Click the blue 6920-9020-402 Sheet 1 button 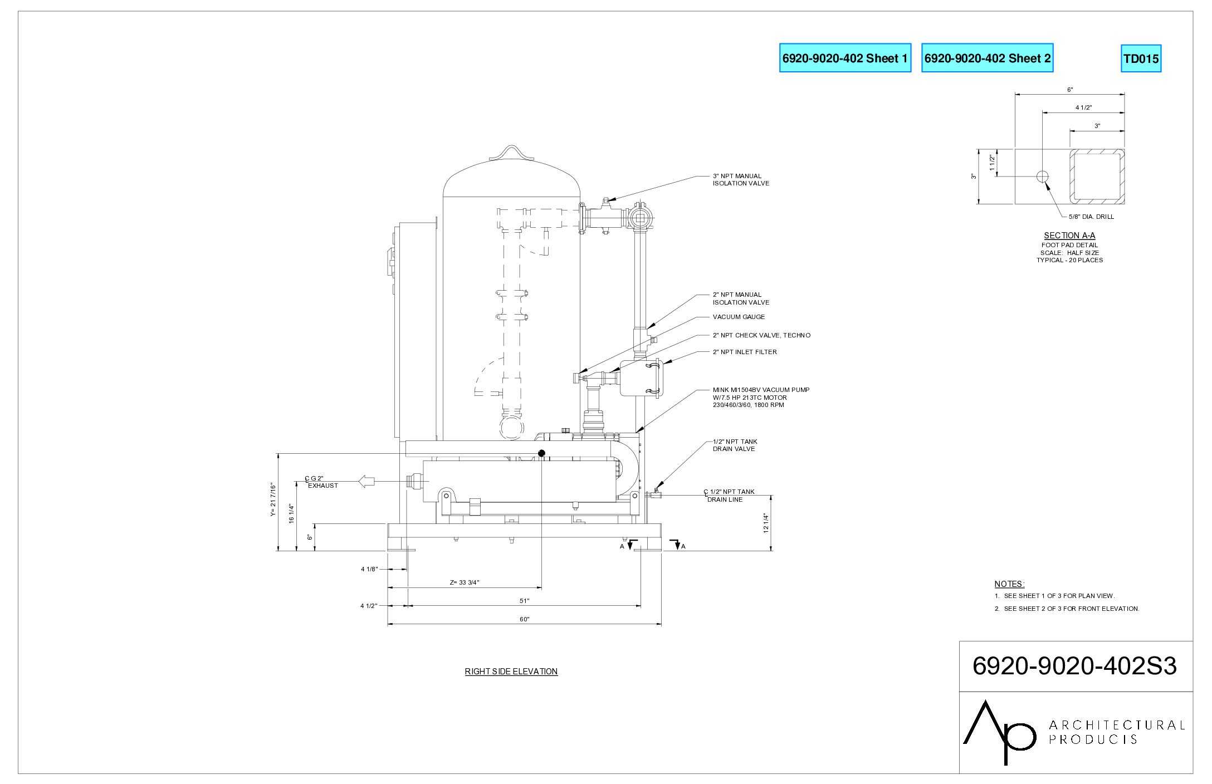845,58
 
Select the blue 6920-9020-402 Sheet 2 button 987,58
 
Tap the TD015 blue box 1141,59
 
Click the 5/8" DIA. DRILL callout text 1091,217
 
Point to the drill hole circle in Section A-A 1042,177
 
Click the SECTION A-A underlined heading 1069,236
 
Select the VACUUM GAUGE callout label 739,317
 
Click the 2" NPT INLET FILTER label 745,352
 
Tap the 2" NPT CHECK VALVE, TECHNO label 761,335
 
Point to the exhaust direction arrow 366,481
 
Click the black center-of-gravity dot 541,453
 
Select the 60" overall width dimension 524,620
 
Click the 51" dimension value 524,601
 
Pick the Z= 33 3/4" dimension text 465,582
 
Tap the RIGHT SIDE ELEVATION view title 511,672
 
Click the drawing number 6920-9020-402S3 1074,666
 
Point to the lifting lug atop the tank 511,153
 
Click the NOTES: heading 1009,584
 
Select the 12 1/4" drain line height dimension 766,523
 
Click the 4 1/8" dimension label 369,569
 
